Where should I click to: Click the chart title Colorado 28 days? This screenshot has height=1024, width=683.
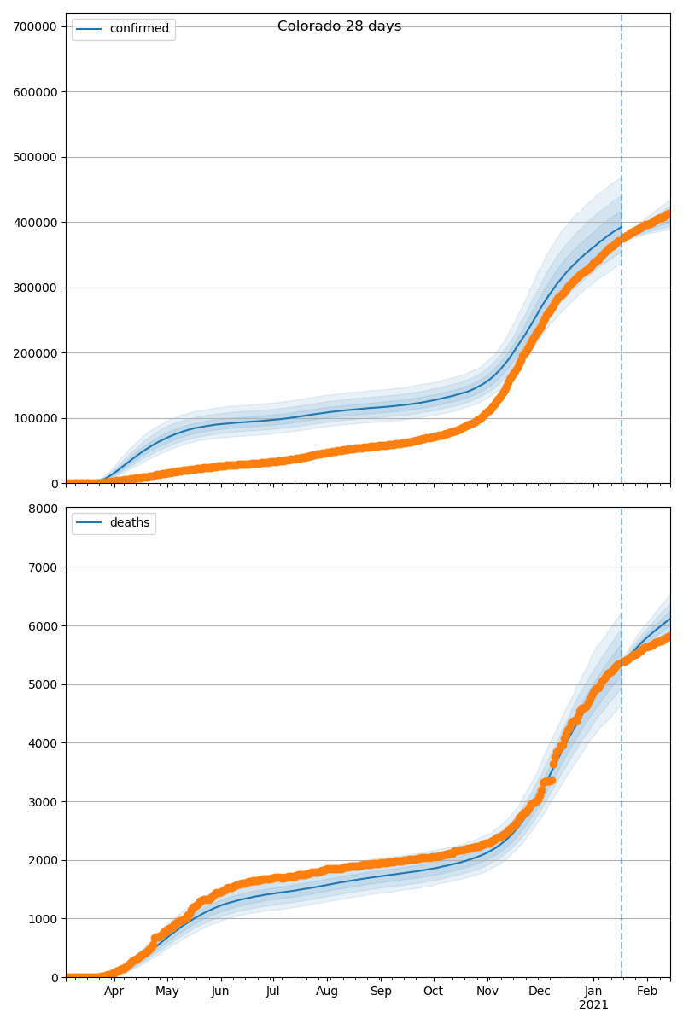(x=339, y=26)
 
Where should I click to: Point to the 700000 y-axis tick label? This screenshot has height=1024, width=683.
(x=35, y=26)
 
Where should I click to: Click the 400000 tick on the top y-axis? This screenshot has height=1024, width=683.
(x=35, y=223)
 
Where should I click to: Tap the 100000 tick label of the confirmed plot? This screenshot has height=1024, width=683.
(x=35, y=418)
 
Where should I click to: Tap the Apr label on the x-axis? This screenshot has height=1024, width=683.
(x=114, y=991)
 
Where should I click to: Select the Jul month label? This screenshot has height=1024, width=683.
(x=273, y=991)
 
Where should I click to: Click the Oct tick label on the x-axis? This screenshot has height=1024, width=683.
(x=434, y=991)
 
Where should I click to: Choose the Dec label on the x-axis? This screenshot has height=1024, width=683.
(x=540, y=991)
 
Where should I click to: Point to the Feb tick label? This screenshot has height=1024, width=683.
(x=647, y=991)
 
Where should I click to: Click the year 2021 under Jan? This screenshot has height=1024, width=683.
(x=593, y=1005)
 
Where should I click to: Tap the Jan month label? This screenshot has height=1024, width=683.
(x=593, y=991)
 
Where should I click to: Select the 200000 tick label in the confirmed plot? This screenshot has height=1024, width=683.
(x=35, y=353)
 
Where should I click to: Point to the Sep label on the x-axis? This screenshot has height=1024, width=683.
(x=381, y=991)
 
